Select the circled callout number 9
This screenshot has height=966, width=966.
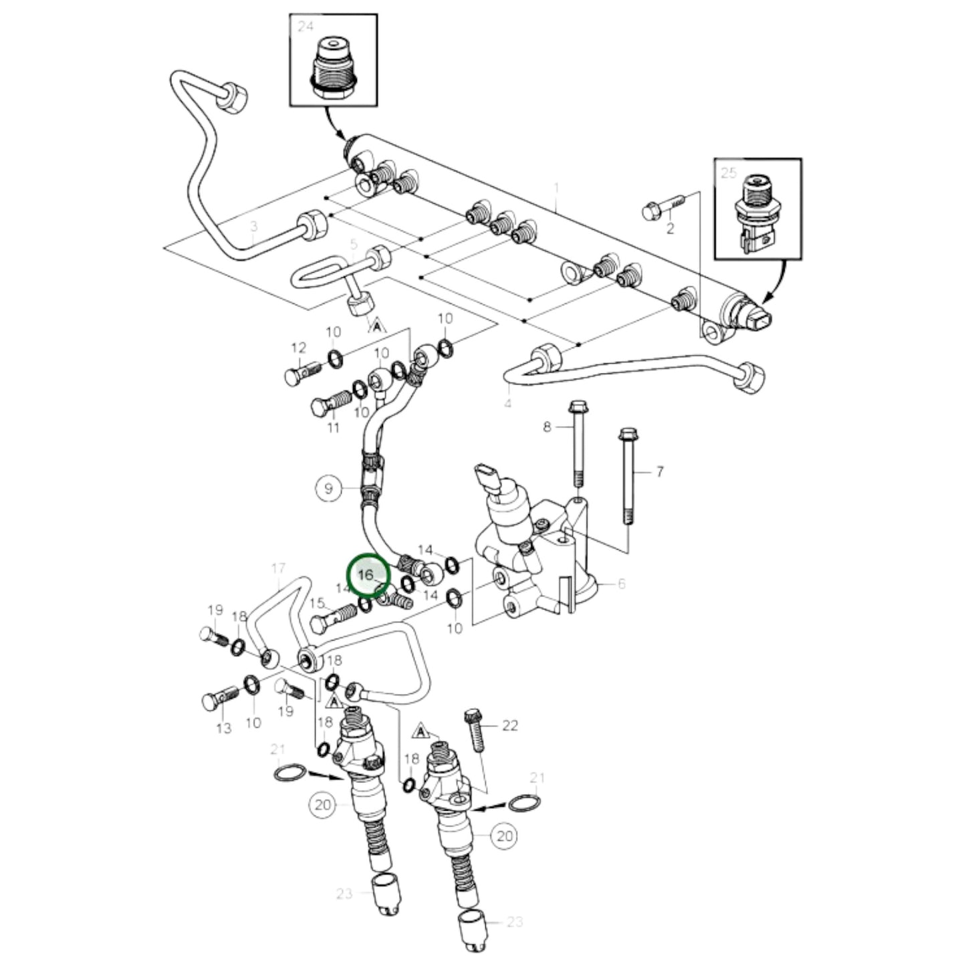328,489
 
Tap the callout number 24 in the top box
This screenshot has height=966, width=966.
306,27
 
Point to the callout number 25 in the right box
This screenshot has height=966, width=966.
729,173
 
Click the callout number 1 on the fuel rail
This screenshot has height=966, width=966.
556,187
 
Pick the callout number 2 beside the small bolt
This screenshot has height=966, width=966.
671,229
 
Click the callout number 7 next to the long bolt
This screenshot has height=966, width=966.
660,472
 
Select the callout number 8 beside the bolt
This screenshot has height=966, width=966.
548,427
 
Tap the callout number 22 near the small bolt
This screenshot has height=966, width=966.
510,725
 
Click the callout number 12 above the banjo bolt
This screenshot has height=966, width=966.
298,348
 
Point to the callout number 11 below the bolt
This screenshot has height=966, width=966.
334,428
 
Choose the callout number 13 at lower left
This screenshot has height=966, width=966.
223,727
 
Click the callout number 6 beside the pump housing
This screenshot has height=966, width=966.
621,584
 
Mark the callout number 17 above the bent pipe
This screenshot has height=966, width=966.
278,568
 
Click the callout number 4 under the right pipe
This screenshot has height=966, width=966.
508,403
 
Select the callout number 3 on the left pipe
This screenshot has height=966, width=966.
253,227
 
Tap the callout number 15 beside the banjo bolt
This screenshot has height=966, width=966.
317,603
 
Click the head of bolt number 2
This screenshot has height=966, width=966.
652,211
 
